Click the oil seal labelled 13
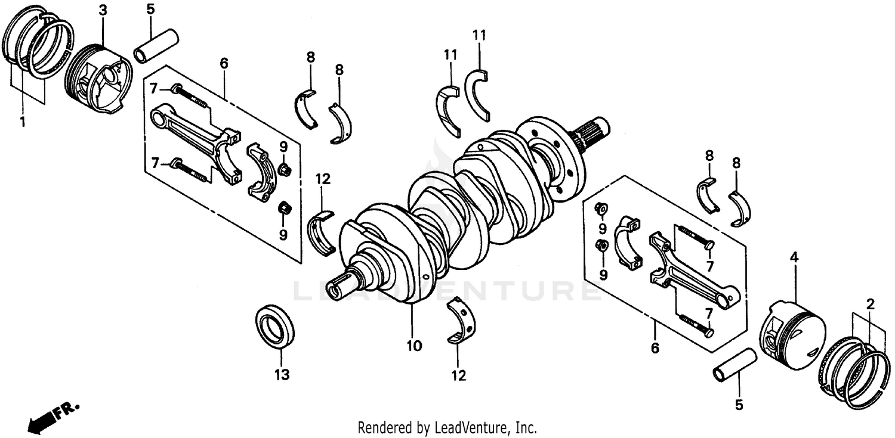[x=275, y=327]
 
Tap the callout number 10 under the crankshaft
[x=414, y=346]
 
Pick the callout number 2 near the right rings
[x=871, y=305]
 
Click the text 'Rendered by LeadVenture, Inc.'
[x=447, y=427]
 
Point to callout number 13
[x=282, y=375]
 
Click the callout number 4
[x=794, y=258]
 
